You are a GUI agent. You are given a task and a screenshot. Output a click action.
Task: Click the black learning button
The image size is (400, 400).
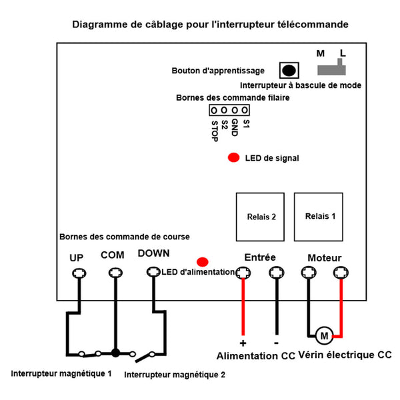click(x=289, y=71)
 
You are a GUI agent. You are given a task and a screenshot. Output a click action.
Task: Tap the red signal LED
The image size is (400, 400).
click(x=234, y=157)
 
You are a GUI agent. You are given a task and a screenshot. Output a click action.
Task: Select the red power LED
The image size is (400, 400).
click(x=203, y=262)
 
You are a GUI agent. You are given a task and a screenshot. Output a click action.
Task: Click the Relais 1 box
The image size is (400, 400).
click(x=319, y=217)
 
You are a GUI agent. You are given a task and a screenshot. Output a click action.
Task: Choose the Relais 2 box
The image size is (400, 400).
click(x=260, y=217)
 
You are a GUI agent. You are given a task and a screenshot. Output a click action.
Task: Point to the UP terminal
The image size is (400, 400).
click(x=79, y=273)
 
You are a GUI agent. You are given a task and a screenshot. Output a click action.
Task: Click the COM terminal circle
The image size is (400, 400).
click(x=115, y=273)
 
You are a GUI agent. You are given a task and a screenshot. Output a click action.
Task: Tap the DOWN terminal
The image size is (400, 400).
click(x=153, y=272)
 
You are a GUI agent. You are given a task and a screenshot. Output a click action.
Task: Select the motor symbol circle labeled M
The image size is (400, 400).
click(x=324, y=336)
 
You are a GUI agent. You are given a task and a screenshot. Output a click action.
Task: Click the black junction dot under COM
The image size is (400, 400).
click(x=115, y=353)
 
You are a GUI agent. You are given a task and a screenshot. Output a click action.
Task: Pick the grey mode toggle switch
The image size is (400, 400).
click(x=331, y=67)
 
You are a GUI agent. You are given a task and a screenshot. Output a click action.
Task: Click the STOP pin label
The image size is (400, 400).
click(x=215, y=131)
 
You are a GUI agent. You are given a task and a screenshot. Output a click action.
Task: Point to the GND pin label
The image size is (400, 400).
click(x=235, y=127)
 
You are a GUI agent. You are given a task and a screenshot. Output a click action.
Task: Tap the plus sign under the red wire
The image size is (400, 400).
click(x=243, y=343)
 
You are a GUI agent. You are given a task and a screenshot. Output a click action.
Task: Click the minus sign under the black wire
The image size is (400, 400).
click(x=276, y=343)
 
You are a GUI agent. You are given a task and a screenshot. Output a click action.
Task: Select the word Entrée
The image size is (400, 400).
click(x=260, y=257)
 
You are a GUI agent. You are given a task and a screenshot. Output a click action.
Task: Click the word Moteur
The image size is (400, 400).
click(x=325, y=258)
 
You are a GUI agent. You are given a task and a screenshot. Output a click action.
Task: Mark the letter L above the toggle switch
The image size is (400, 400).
click(x=343, y=53)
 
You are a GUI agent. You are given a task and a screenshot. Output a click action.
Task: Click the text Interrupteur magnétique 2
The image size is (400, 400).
click(x=175, y=375)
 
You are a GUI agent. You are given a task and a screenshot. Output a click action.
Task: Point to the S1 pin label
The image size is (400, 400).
click(x=246, y=124)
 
